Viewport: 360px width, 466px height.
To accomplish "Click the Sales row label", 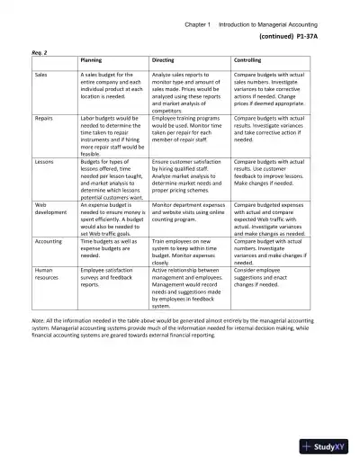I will (x=41, y=73).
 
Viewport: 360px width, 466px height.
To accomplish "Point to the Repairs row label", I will (x=43, y=118).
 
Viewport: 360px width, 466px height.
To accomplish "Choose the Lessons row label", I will (x=43, y=162).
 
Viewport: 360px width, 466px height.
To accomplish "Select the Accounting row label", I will (x=49, y=242).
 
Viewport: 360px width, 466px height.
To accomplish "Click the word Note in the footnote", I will (x=37, y=319).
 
